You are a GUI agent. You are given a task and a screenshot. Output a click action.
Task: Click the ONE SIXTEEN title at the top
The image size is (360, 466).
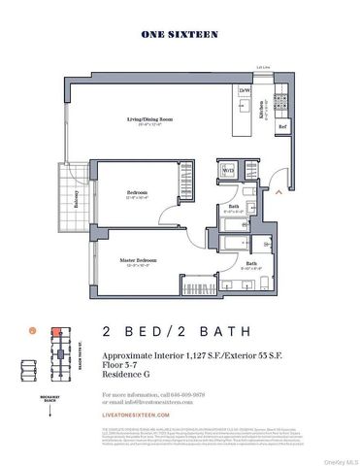pyautogui.click(x=180, y=34)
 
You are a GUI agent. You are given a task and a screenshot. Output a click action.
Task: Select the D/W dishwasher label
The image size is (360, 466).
pyautogui.click(x=245, y=91)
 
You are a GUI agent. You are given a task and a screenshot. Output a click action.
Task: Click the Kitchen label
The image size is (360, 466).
pyautogui.click(x=261, y=112)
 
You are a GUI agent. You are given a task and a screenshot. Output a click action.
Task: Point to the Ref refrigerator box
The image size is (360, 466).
pyautogui.click(x=282, y=126)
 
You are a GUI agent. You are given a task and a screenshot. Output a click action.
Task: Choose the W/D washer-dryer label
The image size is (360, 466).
pyautogui.click(x=229, y=172)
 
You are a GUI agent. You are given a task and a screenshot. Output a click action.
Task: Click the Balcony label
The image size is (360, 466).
pyautogui.click(x=76, y=199)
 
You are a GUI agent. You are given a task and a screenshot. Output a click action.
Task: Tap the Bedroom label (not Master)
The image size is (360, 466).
pyautogui.click(x=137, y=193)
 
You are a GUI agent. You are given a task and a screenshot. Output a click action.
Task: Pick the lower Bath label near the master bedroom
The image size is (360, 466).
pyautogui.click(x=251, y=263)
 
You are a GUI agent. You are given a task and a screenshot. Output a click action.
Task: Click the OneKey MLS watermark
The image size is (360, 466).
pyautogui.click(x=337, y=460)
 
